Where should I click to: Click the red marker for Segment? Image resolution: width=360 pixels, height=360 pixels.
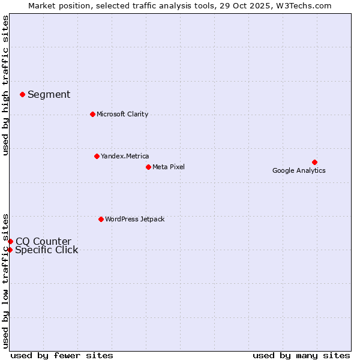click(22, 94)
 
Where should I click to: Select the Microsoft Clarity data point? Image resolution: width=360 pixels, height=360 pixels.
click(92, 114)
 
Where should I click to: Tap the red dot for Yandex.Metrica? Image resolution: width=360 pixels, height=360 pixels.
click(97, 156)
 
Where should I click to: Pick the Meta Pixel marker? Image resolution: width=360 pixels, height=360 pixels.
click(148, 167)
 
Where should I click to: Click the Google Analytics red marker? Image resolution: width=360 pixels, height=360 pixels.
click(314, 162)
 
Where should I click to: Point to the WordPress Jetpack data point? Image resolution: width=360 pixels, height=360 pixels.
click(101, 219)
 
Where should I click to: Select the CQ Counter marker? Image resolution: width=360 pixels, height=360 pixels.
click(10, 241)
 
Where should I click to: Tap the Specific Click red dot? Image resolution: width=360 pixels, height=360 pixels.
click(10, 250)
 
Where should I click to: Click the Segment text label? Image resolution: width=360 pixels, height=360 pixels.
click(49, 94)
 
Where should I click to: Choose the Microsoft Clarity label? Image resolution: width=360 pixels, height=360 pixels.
click(122, 114)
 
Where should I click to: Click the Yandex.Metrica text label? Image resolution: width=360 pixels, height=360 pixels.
click(125, 156)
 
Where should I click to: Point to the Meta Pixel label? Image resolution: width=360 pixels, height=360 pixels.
click(169, 167)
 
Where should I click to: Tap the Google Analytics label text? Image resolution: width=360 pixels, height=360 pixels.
click(299, 170)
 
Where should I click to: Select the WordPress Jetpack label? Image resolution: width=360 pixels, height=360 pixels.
click(134, 219)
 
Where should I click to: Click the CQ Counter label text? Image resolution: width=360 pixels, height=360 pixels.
click(43, 241)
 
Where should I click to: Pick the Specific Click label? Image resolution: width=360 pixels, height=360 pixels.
click(46, 250)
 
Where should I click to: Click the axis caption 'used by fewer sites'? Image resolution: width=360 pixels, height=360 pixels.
click(62, 355)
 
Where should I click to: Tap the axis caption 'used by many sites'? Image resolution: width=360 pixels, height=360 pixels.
click(301, 355)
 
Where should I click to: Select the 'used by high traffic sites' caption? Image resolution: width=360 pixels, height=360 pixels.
click(5, 85)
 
